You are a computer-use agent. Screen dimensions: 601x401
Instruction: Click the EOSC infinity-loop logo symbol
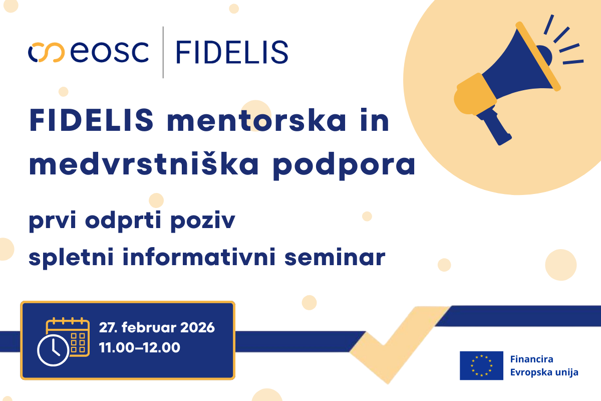pyautogui.click(x=47, y=52)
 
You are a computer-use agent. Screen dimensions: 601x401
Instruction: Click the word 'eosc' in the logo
pyautogui.click(x=110, y=52)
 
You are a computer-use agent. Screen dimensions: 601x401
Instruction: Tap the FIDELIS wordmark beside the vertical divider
pyautogui.click(x=232, y=52)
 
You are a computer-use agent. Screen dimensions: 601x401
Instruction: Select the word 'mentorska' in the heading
pyautogui.click(x=256, y=121)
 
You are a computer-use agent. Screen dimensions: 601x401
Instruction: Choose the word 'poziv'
pyautogui.click(x=203, y=222)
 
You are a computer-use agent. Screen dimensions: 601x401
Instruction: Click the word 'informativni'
pyautogui.click(x=199, y=257)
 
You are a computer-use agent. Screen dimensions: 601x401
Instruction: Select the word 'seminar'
pyautogui.click(x=335, y=257)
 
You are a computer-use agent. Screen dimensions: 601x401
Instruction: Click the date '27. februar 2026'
pyautogui.click(x=157, y=327)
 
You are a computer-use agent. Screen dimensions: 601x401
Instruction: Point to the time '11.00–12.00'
pyautogui.click(x=140, y=347)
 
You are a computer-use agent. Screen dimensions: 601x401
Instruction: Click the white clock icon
pyautogui.click(x=53, y=350)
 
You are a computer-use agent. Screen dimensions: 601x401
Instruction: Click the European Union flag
pyautogui.click(x=481, y=365)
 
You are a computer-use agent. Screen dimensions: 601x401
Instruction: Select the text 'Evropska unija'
pyautogui.click(x=544, y=372)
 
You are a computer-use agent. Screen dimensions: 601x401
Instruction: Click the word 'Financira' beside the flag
pyautogui.click(x=531, y=359)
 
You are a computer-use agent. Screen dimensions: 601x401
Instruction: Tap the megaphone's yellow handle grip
pyautogui.click(x=474, y=94)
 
